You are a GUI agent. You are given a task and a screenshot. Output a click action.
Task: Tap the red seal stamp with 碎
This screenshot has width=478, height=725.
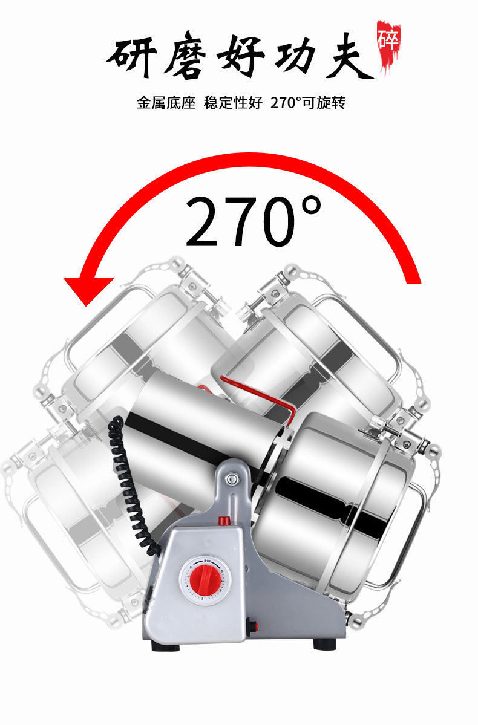coord(388,45)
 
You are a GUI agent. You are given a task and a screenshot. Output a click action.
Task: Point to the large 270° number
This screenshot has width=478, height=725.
coord(253,221)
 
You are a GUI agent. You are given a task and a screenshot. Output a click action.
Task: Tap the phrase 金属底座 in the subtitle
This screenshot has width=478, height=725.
coord(166,103)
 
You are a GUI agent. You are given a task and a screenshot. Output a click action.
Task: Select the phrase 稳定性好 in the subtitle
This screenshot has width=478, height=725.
coord(233,103)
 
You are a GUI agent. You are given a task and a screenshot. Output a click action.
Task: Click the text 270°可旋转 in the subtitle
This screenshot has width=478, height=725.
coord(308,103)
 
